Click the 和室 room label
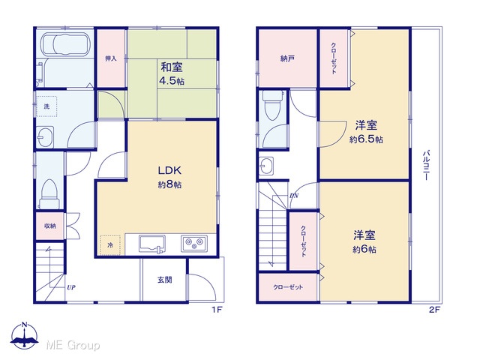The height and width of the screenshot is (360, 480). click(x=172, y=67)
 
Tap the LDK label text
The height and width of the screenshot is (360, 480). click(x=170, y=170)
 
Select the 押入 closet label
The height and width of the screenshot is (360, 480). click(x=111, y=58)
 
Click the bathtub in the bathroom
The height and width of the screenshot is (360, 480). click(x=65, y=43)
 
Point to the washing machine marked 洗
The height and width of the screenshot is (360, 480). click(x=46, y=106)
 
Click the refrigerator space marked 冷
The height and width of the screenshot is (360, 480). click(x=110, y=245)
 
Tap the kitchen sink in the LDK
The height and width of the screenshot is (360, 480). click(x=152, y=244)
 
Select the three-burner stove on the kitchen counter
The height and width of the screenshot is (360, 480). click(x=194, y=244)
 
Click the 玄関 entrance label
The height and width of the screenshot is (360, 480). click(x=165, y=280)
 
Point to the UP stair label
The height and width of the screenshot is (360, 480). click(x=71, y=287)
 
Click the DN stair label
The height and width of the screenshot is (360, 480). click(x=294, y=196)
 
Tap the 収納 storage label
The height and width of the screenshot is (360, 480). click(x=50, y=226)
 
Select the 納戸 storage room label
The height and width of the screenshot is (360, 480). click(x=287, y=58)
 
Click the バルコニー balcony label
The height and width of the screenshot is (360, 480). click(x=426, y=165)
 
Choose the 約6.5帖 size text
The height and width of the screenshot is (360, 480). click(x=366, y=139)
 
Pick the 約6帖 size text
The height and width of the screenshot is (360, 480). click(x=364, y=250)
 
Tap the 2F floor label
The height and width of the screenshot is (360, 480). click(x=434, y=310)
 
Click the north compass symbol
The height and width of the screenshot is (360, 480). click(x=25, y=335)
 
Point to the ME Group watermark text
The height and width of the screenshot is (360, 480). click(x=73, y=345)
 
